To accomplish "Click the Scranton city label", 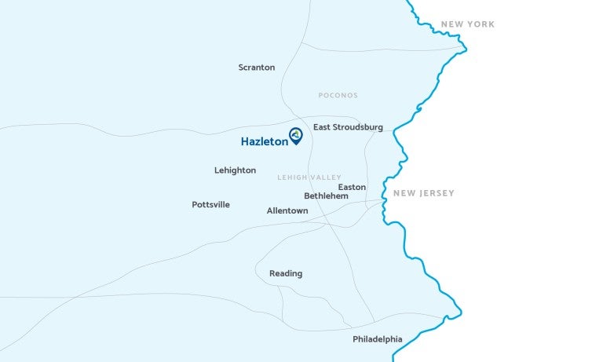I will click(257, 68).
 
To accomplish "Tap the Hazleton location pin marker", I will click(296, 136).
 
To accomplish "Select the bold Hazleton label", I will click(264, 142).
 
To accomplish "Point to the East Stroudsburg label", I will click(348, 127).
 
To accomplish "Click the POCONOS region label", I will click(338, 96).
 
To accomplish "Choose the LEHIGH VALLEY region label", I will click(309, 177).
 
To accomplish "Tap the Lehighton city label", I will click(235, 170).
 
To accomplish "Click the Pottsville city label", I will click(210, 205).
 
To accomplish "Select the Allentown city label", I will click(287, 211).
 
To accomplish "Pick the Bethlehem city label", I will click(326, 196).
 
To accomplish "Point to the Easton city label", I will click(352, 187).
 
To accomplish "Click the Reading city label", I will click(286, 274).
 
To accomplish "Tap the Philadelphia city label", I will click(378, 339).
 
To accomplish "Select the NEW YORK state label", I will click(468, 24).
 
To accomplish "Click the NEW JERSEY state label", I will click(424, 193).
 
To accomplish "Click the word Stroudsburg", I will click(357, 127).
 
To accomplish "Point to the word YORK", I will click(481, 24).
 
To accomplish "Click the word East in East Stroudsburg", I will click(321, 127).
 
